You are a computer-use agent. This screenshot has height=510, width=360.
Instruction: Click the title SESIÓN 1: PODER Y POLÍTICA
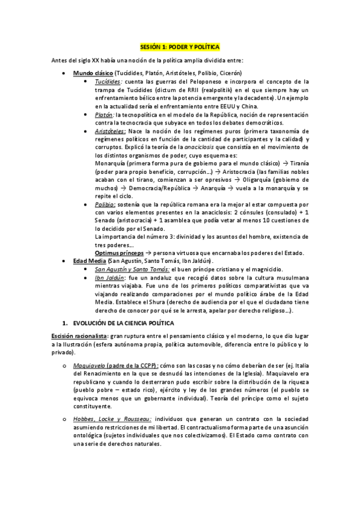pos(180,46)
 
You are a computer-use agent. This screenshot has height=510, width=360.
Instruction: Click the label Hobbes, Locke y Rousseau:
pos(112,418)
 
